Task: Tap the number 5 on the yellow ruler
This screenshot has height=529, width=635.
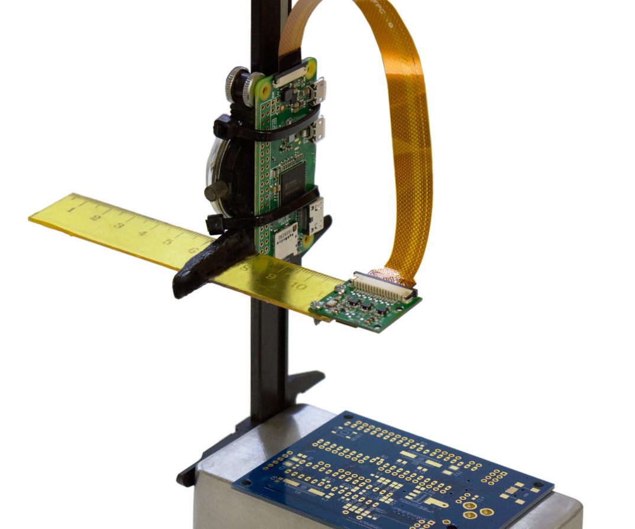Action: [167, 241]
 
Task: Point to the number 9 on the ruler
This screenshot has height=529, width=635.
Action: [271, 277]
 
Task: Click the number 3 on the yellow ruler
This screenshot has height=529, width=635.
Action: [118, 225]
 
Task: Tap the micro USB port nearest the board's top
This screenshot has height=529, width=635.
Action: [319, 90]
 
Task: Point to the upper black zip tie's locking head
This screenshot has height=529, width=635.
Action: [223, 126]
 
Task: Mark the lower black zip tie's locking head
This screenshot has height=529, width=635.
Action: [215, 224]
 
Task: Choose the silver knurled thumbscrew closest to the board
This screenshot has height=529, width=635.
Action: [254, 86]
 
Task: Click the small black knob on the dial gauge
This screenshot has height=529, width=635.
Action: [216, 191]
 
